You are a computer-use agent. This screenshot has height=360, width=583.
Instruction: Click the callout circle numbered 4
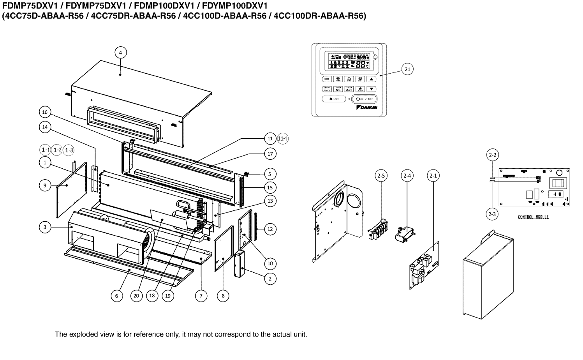coord(120,52)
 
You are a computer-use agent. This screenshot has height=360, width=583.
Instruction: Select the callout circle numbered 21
coord(407,69)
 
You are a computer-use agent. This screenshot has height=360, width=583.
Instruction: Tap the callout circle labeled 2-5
coord(381,176)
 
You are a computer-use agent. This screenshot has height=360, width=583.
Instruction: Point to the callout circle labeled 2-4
coord(407,176)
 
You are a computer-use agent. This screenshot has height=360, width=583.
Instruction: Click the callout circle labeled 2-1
coord(433,176)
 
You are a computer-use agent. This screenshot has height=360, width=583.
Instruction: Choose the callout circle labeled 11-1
coord(283,139)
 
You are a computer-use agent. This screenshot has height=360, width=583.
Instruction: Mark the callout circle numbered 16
coord(45,113)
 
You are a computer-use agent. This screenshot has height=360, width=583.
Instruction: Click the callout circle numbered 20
coord(136,296)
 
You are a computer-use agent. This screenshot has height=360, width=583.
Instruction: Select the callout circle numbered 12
coord(270,229)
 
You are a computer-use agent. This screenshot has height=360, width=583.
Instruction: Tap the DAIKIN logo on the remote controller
coord(367,108)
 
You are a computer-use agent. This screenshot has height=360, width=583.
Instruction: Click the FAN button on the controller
coord(331,99)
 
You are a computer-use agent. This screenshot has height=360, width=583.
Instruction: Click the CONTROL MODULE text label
coord(533,217)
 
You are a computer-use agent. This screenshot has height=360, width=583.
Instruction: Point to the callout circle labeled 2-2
coord(492,155)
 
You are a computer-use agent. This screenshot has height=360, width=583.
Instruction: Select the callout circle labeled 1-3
coord(69,150)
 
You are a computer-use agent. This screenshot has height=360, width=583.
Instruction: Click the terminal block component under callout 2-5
coord(378,230)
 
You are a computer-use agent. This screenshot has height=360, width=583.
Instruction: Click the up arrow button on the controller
coord(372,79)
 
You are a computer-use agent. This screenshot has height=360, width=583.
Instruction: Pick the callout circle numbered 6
coord(116,296)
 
